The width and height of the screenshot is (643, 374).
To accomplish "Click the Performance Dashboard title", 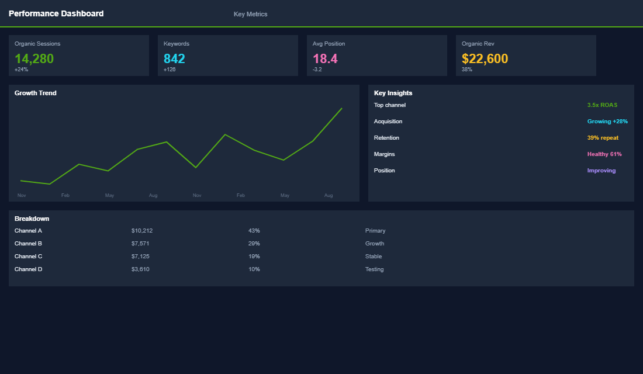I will (x=56, y=13).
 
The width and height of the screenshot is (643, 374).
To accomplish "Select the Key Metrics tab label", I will (x=250, y=14).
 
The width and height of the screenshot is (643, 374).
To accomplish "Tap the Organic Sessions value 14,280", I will (x=34, y=58).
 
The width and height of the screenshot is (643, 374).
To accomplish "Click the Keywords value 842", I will (x=174, y=58).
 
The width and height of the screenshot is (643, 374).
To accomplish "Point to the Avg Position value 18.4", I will (x=325, y=58).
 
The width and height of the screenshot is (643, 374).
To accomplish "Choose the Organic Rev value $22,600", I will (x=485, y=58).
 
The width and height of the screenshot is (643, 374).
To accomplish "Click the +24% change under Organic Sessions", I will (x=21, y=70).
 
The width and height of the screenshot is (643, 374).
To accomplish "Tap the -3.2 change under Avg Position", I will (x=317, y=70).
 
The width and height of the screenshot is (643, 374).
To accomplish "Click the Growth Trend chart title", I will (x=35, y=93).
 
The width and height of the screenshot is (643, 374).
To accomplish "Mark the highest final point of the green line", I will (x=341, y=108).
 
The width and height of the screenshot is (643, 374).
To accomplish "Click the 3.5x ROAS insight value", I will (x=602, y=105).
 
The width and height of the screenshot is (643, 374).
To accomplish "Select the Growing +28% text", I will (x=607, y=122).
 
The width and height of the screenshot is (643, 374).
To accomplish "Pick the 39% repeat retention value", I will (x=603, y=138).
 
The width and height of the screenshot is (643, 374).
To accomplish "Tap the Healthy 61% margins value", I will (x=604, y=154).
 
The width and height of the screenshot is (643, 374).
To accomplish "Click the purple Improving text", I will (x=601, y=171).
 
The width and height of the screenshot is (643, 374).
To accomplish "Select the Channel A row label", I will (x=28, y=231).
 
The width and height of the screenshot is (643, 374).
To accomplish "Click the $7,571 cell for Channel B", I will (x=140, y=244).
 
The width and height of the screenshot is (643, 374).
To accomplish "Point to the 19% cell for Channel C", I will (x=254, y=257).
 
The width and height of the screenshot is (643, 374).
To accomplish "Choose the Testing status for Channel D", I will (x=374, y=269).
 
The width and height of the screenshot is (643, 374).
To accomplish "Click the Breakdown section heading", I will (x=32, y=219).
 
